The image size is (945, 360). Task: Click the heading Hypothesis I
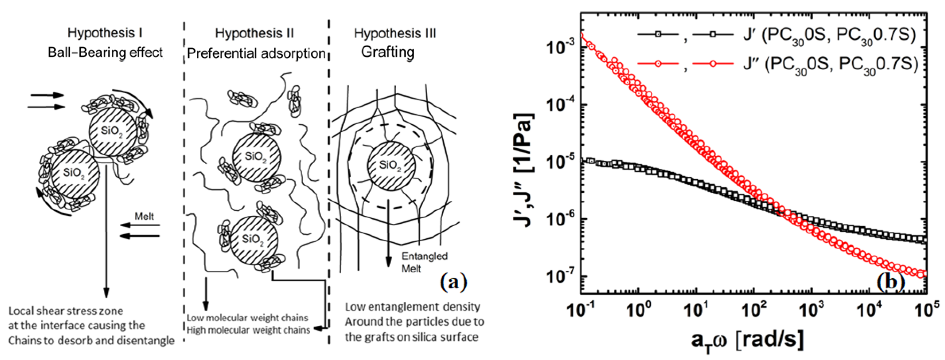(x=105, y=33)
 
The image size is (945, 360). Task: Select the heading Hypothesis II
(x=254, y=33)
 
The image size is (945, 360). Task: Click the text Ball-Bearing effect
(x=105, y=53)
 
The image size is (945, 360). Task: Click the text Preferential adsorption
(x=256, y=53)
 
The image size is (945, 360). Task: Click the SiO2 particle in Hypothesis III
(x=391, y=166)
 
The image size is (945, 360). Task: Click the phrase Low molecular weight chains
(x=247, y=318)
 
